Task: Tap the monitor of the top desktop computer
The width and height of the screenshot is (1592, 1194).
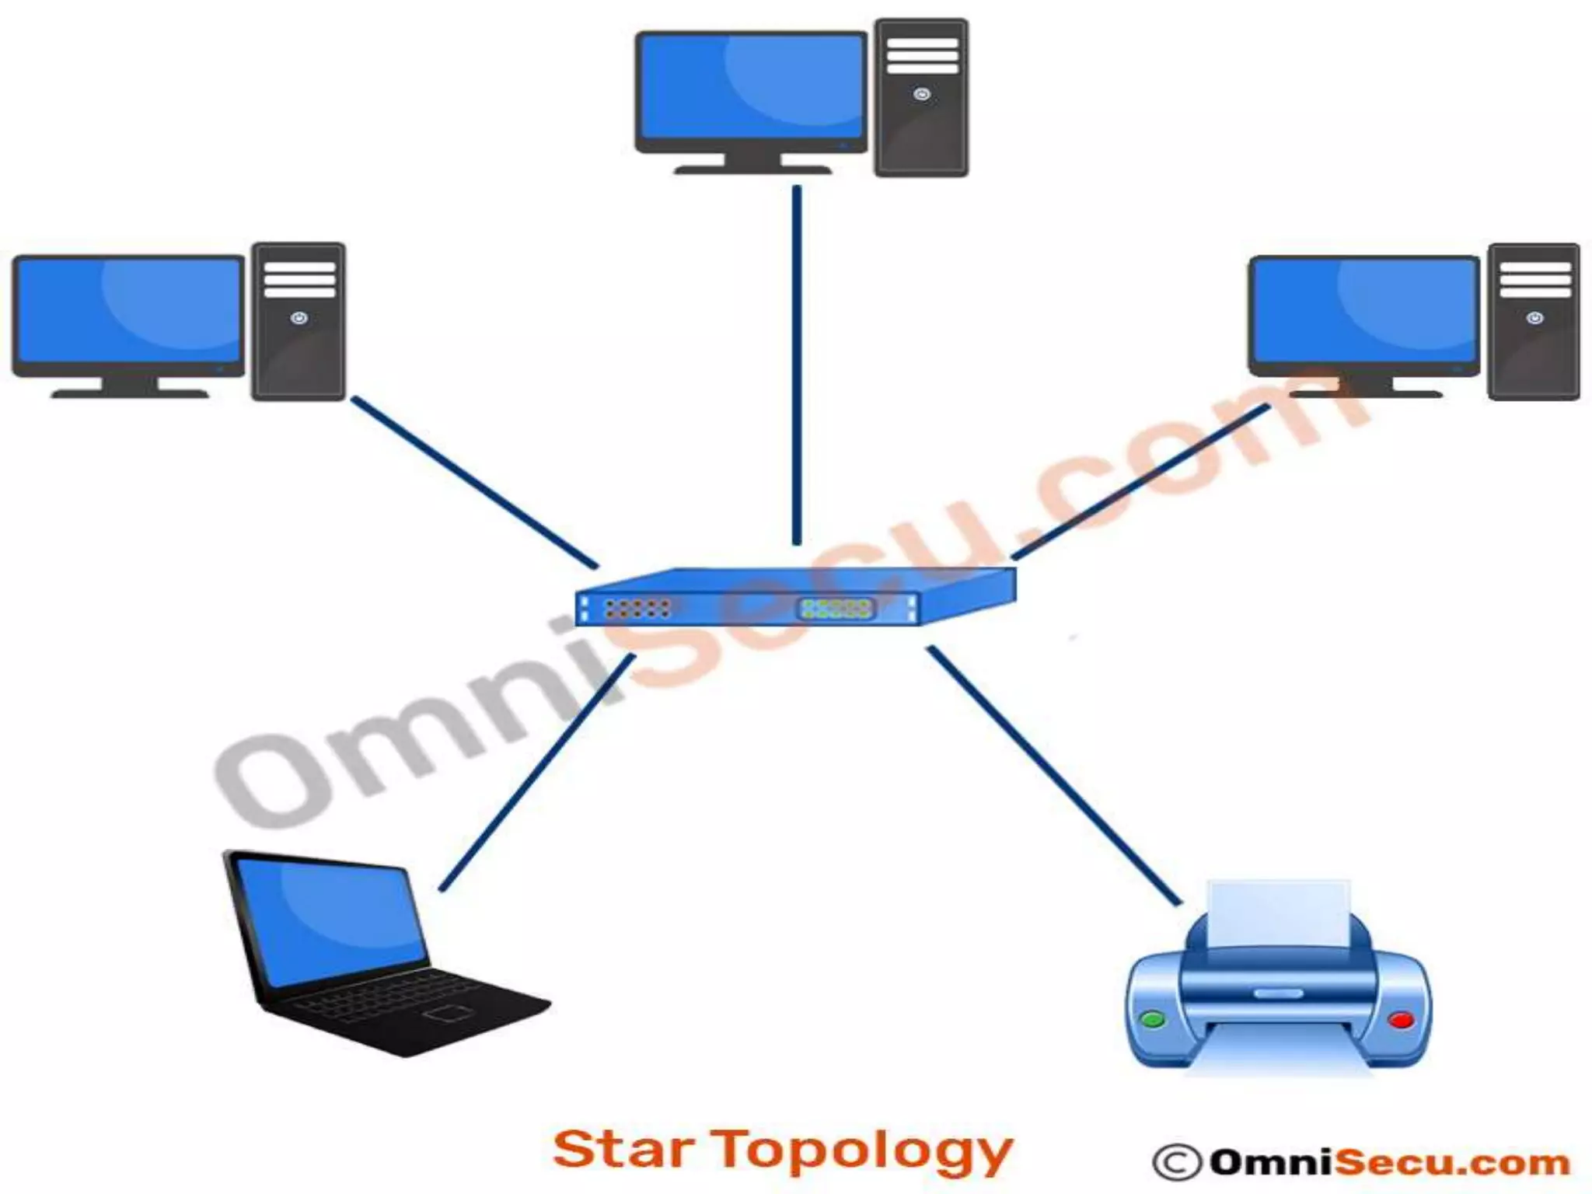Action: [x=751, y=89]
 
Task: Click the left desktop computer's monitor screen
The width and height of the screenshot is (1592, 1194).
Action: [x=128, y=311]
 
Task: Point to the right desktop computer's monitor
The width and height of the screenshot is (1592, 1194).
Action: [x=1364, y=311]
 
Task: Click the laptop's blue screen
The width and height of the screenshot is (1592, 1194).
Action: [x=330, y=921]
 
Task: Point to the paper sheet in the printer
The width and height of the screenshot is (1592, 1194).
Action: [x=1280, y=913]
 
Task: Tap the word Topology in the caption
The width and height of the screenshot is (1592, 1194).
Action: [x=863, y=1152]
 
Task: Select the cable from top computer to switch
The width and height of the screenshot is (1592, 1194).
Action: [x=796, y=365]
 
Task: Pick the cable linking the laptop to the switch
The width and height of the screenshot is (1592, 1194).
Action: [x=536, y=773]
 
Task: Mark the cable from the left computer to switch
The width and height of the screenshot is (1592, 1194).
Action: [x=474, y=482]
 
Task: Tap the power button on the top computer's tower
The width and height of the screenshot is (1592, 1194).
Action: [x=922, y=94]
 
